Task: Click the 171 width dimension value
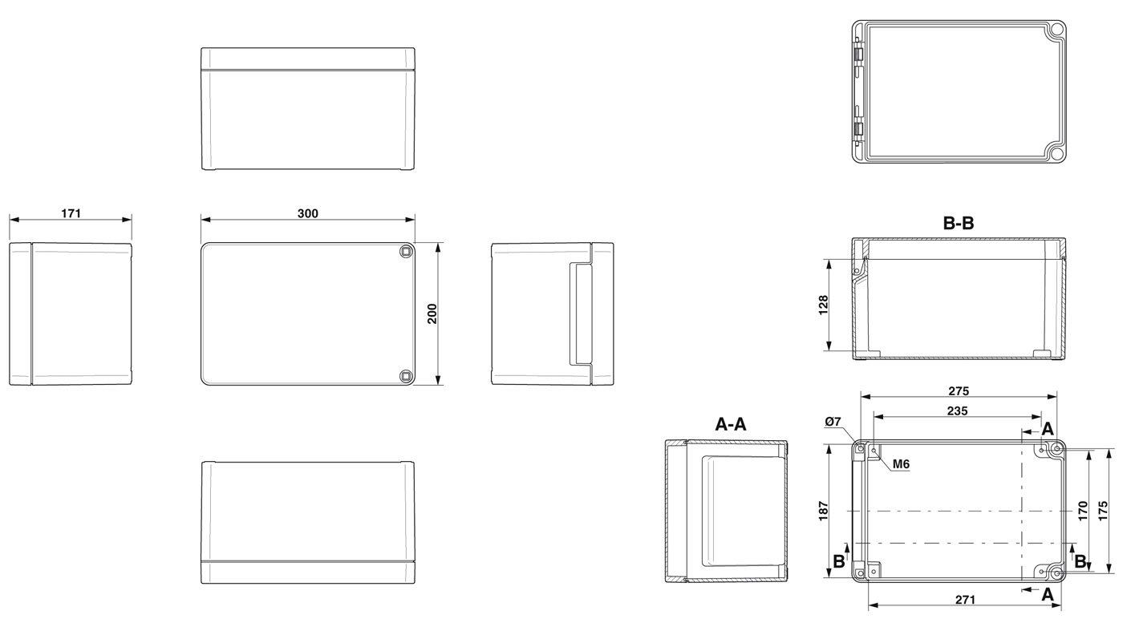pyautogui.click(x=71, y=213)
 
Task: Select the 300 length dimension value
pyautogui.click(x=307, y=213)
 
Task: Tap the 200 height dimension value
pyautogui.click(x=432, y=313)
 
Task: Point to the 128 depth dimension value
pyautogui.click(x=823, y=305)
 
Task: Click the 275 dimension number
pyautogui.click(x=958, y=391)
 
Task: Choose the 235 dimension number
pyautogui.click(x=957, y=411)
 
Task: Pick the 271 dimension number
pyautogui.click(x=965, y=600)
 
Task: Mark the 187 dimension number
pyautogui.click(x=823, y=511)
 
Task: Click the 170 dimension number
pyautogui.click(x=1082, y=511)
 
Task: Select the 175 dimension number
pyautogui.click(x=1103, y=511)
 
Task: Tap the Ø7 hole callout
pyautogui.click(x=833, y=422)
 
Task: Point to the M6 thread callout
pyautogui.click(x=901, y=464)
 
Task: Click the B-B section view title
pyautogui.click(x=958, y=223)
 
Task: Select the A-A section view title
pyautogui.click(x=731, y=424)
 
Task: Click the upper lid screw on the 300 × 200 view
pyautogui.click(x=405, y=251)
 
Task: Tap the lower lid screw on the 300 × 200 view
pyautogui.click(x=405, y=376)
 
